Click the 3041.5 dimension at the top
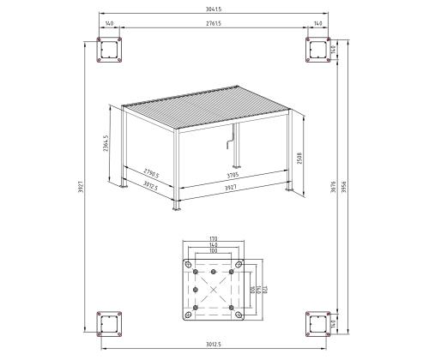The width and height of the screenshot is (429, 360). click(214, 9)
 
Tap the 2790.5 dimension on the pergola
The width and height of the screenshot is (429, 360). click(154, 172)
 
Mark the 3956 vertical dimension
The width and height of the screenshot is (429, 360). click(345, 188)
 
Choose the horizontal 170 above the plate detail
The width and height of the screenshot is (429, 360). click(213, 239)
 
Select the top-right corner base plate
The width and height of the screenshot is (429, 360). click(317, 51)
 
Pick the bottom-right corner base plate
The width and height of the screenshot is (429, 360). click(317, 323)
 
